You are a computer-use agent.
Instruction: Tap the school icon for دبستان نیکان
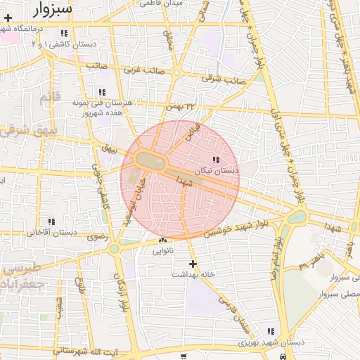coord(215,160)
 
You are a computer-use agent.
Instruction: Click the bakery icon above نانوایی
coord(162,240)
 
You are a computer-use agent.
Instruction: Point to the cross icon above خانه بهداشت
coord(193,264)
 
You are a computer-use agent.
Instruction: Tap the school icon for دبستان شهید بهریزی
coord(271,331)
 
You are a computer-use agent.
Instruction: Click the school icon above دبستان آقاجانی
coord(51,222)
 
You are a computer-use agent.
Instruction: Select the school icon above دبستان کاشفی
coord(65,33)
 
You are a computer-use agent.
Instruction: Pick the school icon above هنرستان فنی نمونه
coord(103,92)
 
